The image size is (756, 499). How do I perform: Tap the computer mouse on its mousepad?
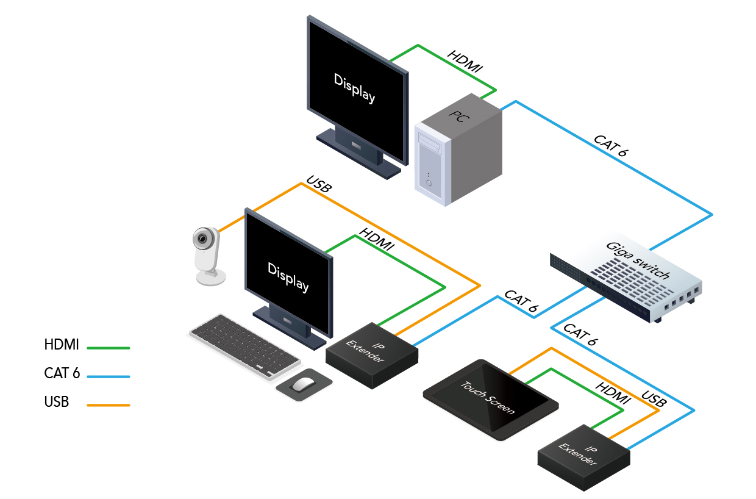click(x=303, y=384)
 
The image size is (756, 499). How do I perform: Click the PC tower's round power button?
click(x=429, y=183)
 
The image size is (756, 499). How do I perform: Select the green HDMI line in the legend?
click(x=109, y=348)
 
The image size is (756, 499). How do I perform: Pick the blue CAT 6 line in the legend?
click(x=109, y=376)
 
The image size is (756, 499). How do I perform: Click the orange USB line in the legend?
click(x=109, y=404)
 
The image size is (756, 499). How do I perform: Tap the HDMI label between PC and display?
click(x=465, y=63)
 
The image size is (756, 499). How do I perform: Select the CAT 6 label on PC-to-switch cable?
click(x=610, y=145)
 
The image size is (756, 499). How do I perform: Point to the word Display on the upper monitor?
click(x=354, y=88)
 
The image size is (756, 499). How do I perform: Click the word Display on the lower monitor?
click(x=288, y=276)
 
